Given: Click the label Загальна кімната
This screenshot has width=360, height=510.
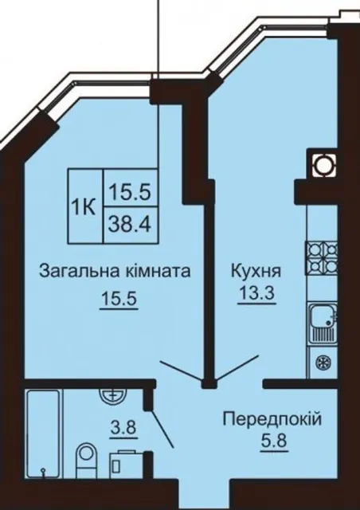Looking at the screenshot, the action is tap(115, 271).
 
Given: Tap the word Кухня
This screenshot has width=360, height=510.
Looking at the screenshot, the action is tap(256, 271).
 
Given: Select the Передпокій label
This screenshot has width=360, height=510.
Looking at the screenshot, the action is tap(272, 419).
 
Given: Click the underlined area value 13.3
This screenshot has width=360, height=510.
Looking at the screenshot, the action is tap(256, 293).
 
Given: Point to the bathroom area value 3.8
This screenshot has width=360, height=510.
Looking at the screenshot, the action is tap(123, 428).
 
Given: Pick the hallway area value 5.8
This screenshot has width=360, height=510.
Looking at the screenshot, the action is tap(273, 441).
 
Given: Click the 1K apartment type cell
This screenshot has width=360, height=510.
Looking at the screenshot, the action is tap(85, 206).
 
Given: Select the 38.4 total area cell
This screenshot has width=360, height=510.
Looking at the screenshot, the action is tap(130, 225).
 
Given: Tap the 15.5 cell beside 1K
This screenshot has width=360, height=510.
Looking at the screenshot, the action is tap(130, 187).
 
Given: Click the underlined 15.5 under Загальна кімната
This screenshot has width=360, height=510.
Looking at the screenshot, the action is tap(119, 298).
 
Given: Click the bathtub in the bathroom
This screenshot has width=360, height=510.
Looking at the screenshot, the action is tap(43, 433).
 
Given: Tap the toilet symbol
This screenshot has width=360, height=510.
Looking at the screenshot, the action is tap(86, 460).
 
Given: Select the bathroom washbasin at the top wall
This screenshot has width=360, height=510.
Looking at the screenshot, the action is tap(112, 396).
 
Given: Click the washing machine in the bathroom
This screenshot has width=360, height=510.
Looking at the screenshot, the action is tap(126, 464).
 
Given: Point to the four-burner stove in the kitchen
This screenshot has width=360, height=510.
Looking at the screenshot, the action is tap(321, 257).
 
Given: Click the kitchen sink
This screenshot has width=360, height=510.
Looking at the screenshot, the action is tap(323, 323).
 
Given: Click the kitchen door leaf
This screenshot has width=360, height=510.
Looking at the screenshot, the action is tap(237, 368).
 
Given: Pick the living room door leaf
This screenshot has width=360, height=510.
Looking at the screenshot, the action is tap(181, 371).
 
